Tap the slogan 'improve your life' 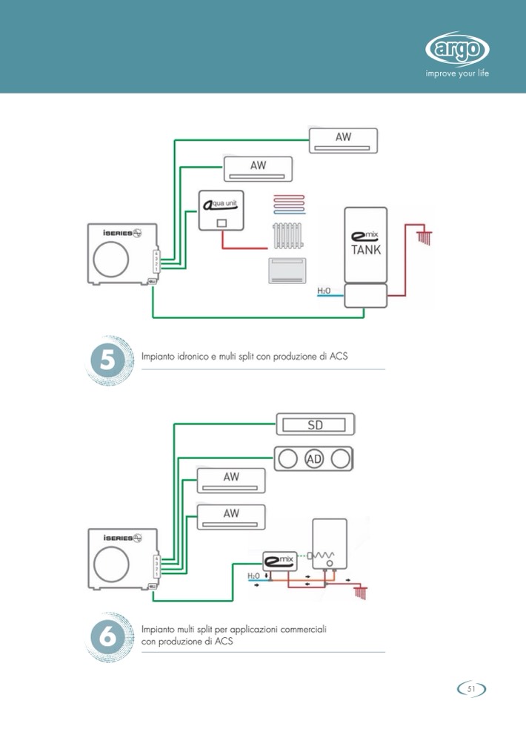(457, 73)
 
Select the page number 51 (471, 689)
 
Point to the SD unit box (316, 425)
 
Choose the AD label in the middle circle (314, 459)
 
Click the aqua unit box (222, 211)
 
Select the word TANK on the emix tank (366, 250)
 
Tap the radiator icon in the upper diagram (287, 237)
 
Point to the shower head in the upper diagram (425, 238)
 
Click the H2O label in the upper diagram (324, 291)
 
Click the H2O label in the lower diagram (253, 576)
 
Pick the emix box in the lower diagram (280, 561)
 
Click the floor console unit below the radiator (287, 270)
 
